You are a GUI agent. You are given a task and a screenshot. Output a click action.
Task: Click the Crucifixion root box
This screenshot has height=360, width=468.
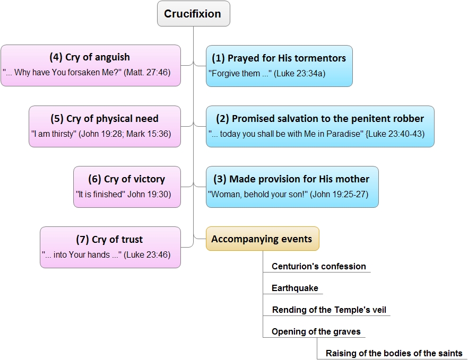[x=193, y=14]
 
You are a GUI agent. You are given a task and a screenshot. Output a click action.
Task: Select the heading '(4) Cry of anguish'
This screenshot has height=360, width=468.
[x=90, y=57]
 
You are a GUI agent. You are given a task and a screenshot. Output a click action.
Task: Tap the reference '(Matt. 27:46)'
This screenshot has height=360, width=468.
[x=147, y=72]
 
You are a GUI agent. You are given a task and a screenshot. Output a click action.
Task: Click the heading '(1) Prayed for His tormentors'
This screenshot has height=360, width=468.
[x=279, y=58]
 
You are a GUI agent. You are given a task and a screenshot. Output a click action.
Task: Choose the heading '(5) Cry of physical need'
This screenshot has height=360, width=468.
[x=105, y=118]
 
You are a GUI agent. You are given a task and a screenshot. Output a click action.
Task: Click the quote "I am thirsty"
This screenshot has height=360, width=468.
[x=54, y=134]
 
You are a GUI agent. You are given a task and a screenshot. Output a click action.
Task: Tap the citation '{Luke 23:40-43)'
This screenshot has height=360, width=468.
[x=395, y=134]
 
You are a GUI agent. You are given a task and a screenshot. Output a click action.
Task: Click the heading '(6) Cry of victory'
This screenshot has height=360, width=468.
[x=126, y=179]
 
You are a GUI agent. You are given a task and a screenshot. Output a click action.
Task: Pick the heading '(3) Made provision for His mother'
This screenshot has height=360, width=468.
[x=291, y=179]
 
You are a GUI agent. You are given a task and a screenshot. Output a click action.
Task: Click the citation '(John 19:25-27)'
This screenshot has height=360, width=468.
[x=339, y=194]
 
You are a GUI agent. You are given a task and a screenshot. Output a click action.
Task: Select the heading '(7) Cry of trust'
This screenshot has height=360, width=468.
[x=109, y=239]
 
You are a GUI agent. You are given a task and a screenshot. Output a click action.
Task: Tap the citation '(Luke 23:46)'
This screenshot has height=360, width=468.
[x=147, y=254]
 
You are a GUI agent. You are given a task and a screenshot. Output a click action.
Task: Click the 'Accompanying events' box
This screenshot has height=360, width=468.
[x=263, y=239]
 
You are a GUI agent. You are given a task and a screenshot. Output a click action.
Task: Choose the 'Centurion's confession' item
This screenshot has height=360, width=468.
[x=319, y=266]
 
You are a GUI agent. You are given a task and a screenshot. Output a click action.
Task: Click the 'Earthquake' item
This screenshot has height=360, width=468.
[x=295, y=288]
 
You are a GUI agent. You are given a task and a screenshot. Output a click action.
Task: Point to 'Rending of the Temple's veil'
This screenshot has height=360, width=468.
[x=329, y=310]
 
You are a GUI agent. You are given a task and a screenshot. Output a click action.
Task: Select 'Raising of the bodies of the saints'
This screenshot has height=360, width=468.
[x=394, y=353]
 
